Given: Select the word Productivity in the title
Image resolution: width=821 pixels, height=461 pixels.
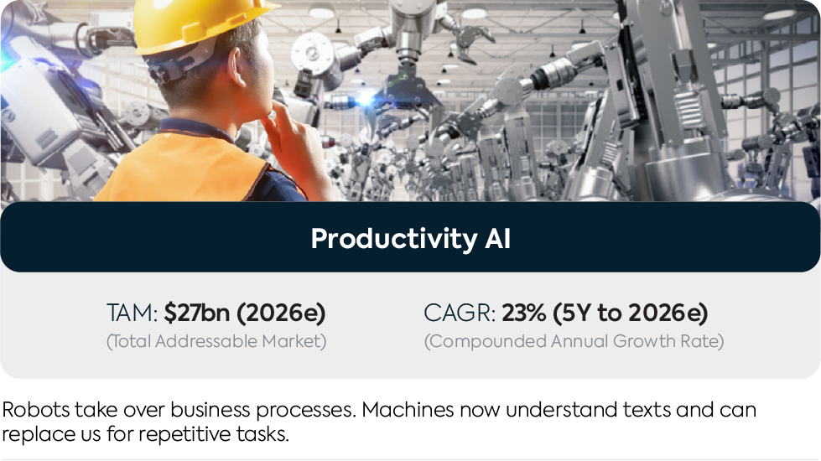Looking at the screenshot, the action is tap(394, 239).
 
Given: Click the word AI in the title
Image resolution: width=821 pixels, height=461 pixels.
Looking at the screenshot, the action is tap(497, 239).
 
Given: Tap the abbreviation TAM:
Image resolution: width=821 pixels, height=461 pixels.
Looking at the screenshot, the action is tap(132, 313).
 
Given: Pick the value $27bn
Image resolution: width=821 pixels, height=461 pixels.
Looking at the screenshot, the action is tap(197, 313).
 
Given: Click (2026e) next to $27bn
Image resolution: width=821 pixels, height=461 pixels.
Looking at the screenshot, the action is tap(281, 313).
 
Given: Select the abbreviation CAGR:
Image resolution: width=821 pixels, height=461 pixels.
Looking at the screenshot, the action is tap(460, 313).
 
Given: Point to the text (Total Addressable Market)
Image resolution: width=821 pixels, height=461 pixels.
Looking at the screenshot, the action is tap(216, 341).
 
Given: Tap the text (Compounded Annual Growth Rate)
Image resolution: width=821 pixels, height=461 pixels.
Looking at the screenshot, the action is tap(574, 341).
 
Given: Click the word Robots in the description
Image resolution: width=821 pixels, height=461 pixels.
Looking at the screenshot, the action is tap(35, 409).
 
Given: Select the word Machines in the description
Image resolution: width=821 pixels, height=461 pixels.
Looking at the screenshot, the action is tap(408, 409).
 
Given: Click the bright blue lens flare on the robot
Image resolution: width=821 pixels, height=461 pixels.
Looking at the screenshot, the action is tap(365, 99).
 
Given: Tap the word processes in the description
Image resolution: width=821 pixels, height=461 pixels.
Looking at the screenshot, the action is tap(306, 410).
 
